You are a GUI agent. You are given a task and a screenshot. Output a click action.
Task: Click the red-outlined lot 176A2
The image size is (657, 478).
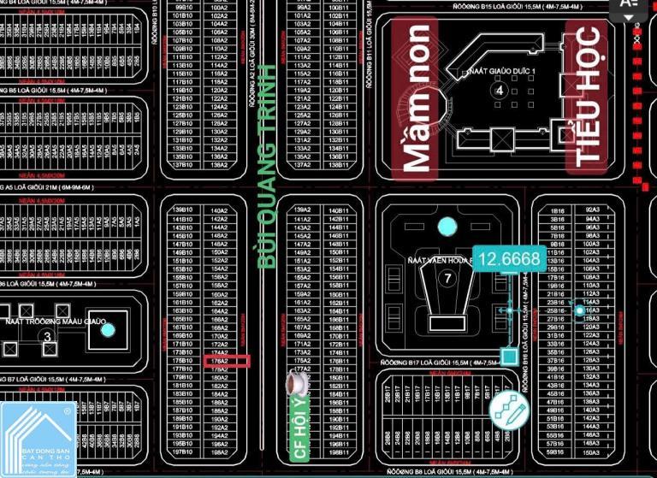(218, 361)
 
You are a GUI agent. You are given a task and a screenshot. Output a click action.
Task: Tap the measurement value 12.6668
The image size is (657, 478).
(510, 259)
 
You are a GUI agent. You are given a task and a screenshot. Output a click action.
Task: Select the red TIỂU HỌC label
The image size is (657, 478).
(588, 96)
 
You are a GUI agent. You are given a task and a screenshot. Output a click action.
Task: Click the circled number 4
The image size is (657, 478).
(500, 89)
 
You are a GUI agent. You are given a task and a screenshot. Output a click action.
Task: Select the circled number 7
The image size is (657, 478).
(447, 278)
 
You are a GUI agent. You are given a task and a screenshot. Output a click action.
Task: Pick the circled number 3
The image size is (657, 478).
(48, 337)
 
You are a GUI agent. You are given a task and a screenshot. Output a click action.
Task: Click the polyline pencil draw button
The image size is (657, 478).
(509, 410)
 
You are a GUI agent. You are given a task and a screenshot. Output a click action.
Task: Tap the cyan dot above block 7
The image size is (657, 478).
(447, 227)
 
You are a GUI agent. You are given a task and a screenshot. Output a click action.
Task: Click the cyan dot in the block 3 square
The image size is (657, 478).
(106, 328)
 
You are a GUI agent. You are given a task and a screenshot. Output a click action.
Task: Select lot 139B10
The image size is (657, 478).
(181, 209)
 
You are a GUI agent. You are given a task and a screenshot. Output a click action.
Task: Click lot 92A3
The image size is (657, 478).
(592, 209)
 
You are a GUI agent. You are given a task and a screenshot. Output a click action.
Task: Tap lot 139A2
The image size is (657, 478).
(302, 209)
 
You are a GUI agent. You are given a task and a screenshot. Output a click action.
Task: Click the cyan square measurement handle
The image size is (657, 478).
(508, 355)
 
